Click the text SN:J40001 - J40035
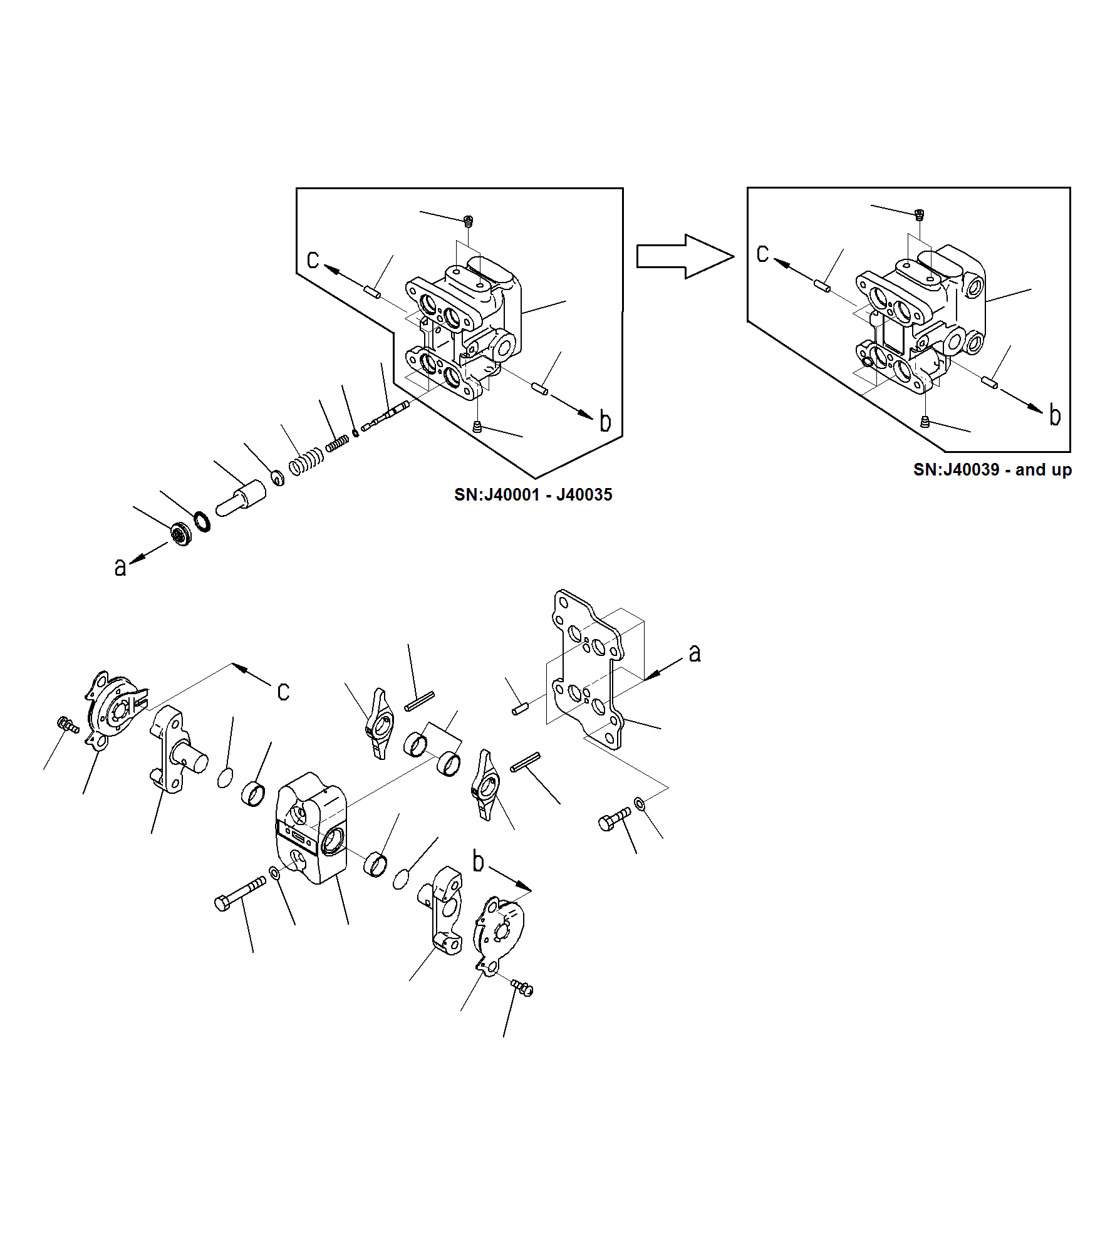pos(532,495)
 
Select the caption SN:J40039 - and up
pos(992,470)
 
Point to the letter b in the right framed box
pos(1055,415)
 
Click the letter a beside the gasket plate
pos(694,653)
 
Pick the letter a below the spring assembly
pos(120,567)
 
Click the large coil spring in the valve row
pos(306,462)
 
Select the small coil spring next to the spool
pos(337,443)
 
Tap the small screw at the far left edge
pos(67,725)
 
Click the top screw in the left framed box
pos(468,221)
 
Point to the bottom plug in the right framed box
pos(925,422)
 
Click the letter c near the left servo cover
pos(283,691)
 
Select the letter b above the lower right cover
pos(478,861)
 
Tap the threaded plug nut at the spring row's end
pos(182,533)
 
